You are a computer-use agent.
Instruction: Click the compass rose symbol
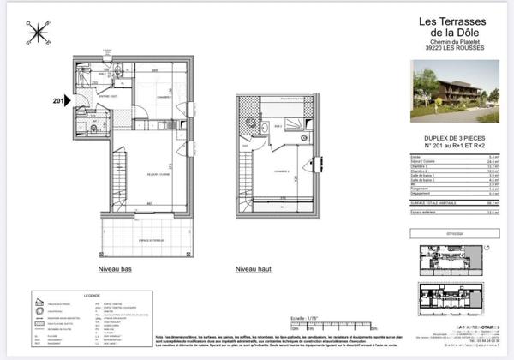click(39, 33)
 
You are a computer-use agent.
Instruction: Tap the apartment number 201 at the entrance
click(58, 100)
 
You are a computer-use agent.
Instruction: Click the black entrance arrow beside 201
click(71, 100)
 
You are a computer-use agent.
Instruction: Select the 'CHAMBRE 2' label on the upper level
click(283, 171)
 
